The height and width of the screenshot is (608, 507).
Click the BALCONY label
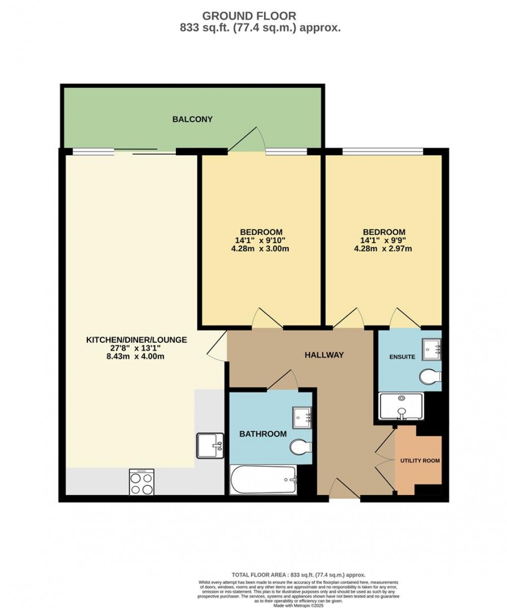tap(192, 119)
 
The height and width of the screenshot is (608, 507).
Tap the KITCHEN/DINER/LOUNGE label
tap(137, 340)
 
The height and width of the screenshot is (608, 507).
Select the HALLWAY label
tap(324, 355)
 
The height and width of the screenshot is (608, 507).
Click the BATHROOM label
tap(263, 434)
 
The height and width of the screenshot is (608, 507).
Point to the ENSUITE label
tap(402, 356)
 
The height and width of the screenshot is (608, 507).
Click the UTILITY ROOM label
tap(420, 461)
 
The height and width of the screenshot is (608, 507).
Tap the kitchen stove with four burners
tap(142, 482)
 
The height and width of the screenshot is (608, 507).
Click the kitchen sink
tap(211, 445)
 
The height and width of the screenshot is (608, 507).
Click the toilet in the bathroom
tap(300, 446)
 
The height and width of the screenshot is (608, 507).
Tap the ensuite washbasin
tap(431, 349)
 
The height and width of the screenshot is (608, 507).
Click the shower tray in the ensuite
tap(401, 406)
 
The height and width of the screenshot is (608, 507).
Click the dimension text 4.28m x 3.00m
tap(261, 249)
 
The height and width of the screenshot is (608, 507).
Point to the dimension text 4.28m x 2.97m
tap(383, 249)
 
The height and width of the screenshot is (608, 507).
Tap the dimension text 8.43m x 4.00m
tap(137, 356)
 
